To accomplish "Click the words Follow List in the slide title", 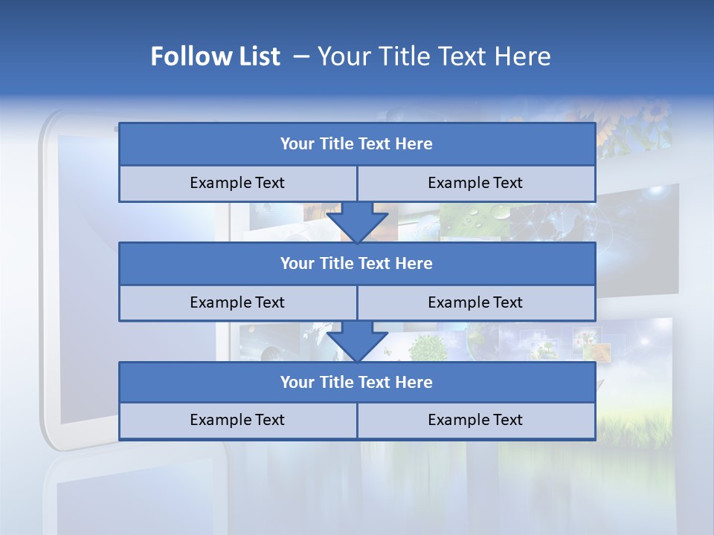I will click(215, 56).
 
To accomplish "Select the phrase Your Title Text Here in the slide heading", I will click(434, 56).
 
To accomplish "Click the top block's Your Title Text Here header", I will click(356, 144).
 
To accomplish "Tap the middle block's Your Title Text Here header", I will click(356, 263).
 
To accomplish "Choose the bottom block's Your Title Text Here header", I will click(356, 382).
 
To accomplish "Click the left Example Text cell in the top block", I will click(237, 183).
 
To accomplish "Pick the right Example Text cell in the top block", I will click(475, 183).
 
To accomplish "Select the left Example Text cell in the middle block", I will click(237, 302).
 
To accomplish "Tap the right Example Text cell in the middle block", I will click(475, 302).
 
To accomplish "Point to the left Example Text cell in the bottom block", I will click(237, 420).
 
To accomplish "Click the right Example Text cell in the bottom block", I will click(475, 420).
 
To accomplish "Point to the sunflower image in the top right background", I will click(640, 126).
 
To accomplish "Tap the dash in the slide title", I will click(301, 56).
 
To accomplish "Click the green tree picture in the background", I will click(426, 347).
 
